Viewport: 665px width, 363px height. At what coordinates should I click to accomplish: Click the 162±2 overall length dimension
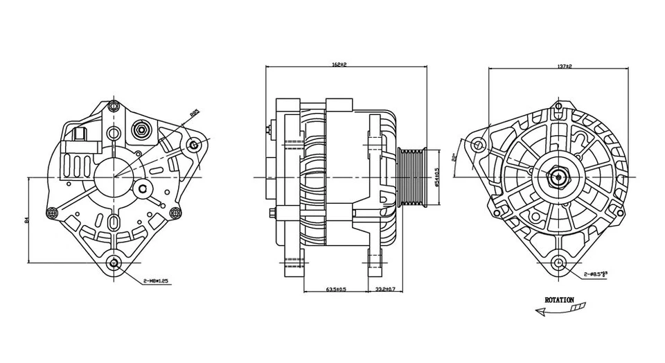coord(339,64)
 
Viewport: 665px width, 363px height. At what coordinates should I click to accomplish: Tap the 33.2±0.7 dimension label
coord(385,288)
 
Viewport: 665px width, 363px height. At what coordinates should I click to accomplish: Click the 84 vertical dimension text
coord(26,220)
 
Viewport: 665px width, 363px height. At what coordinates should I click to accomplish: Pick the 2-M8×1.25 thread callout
coord(156,281)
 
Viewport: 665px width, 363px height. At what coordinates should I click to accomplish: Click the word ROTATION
coord(559,300)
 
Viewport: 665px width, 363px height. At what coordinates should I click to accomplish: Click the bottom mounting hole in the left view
coord(115,263)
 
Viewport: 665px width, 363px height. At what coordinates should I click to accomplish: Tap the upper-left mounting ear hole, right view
coord(478,144)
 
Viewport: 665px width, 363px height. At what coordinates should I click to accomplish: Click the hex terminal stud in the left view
coord(141,130)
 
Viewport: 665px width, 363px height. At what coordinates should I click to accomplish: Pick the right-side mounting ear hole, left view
coord(194,145)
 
